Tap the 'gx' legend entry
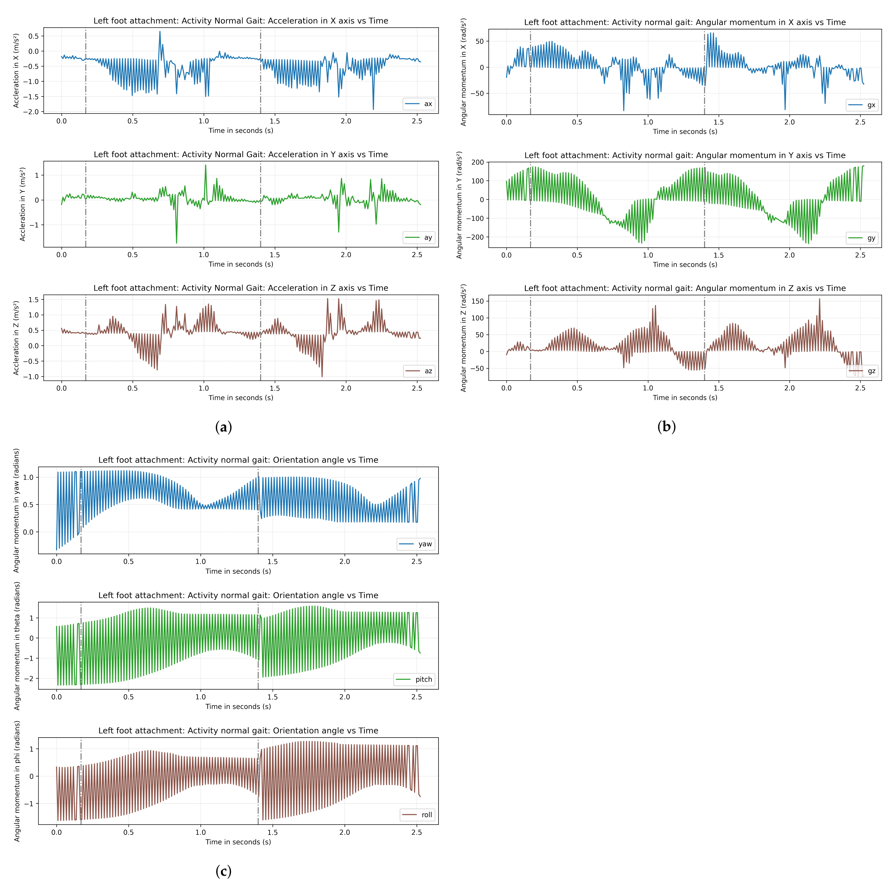pyautogui.click(x=863, y=105)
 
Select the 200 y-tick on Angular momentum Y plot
pyautogui.click(x=478, y=162)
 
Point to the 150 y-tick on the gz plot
pyautogui.click(x=478, y=301)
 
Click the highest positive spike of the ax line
pyautogui.click(x=160, y=32)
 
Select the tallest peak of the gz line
pyautogui.click(x=820, y=299)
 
